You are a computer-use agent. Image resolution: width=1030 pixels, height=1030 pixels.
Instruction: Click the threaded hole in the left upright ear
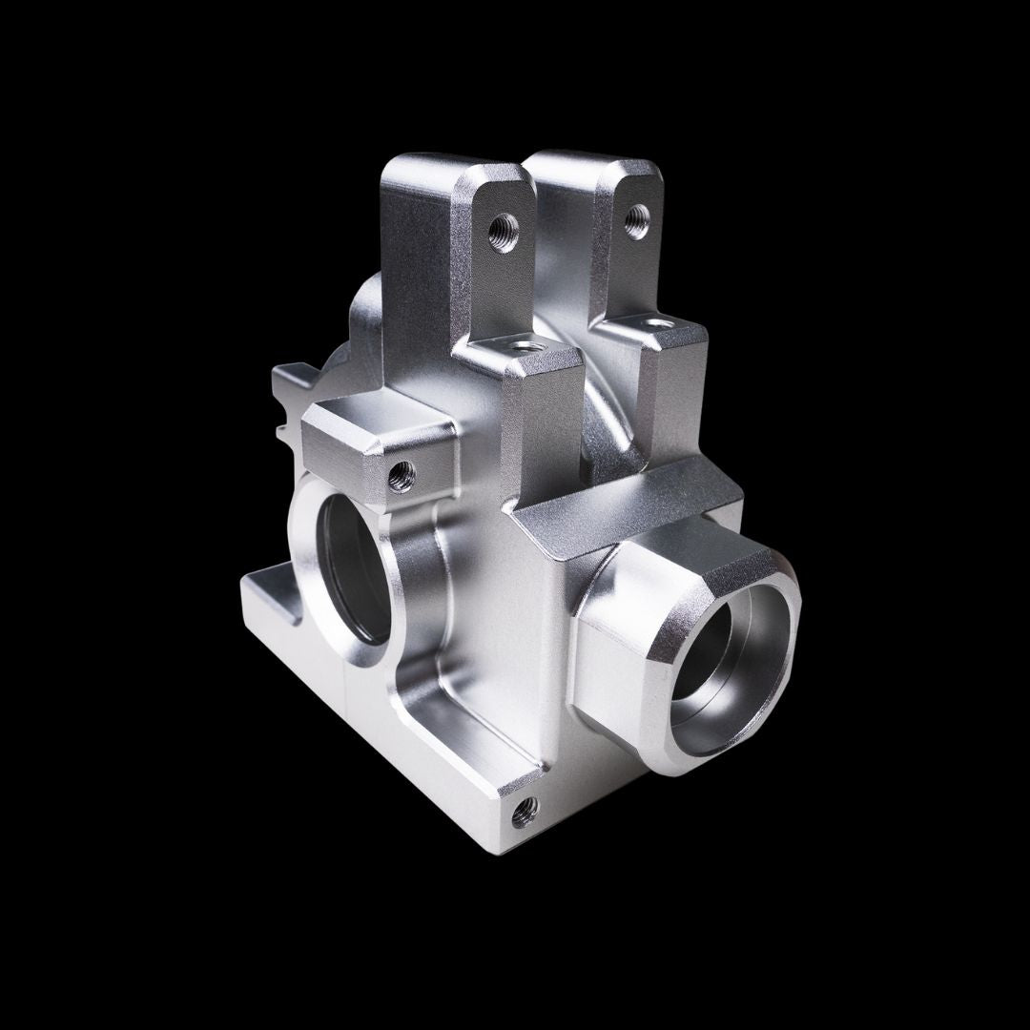pos(503,229)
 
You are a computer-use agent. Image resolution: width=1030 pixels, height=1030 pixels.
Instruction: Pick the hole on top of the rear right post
pos(656,326)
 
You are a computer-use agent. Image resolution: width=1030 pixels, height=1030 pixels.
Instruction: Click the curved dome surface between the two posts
pos(610,401)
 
